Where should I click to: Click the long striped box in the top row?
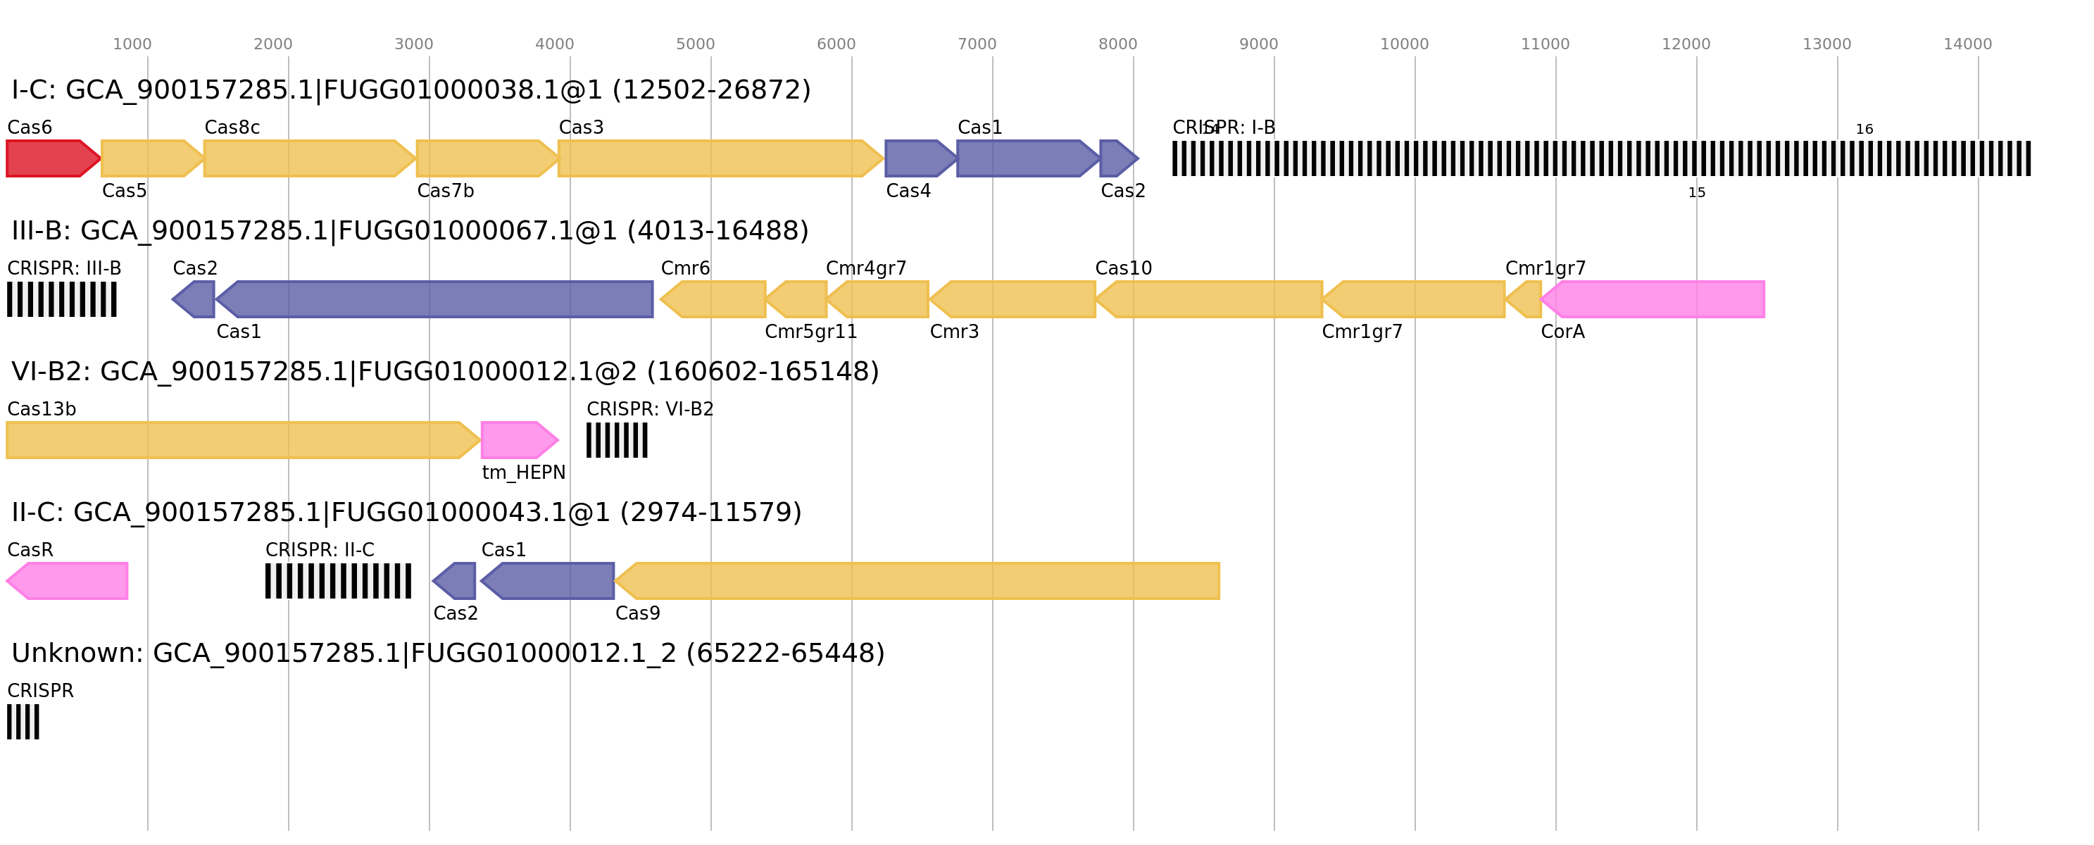coord(1601,158)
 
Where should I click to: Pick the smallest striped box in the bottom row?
coord(23,721)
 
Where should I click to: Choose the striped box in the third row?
coord(617,440)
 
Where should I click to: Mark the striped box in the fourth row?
coord(338,581)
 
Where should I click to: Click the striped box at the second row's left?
coord(62,299)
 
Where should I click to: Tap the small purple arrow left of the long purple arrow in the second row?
coord(194,299)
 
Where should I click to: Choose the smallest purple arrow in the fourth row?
coord(456,581)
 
